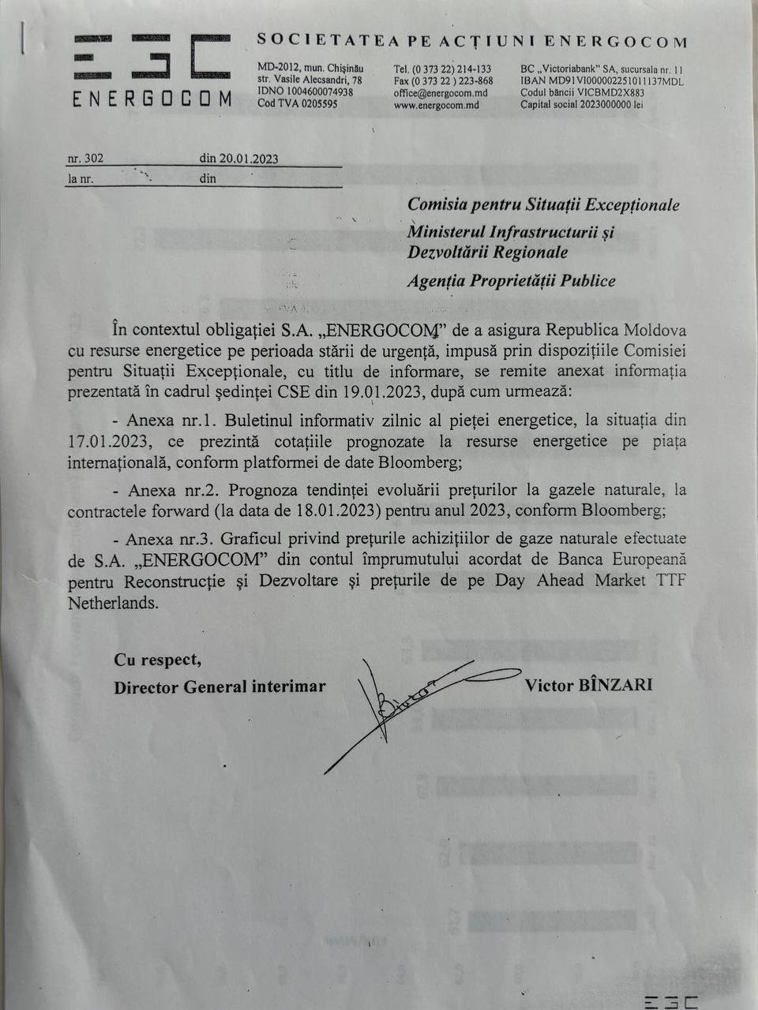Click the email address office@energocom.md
440,93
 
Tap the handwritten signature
418,702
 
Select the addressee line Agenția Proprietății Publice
511,281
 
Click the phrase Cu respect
157,660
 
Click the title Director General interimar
220,686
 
